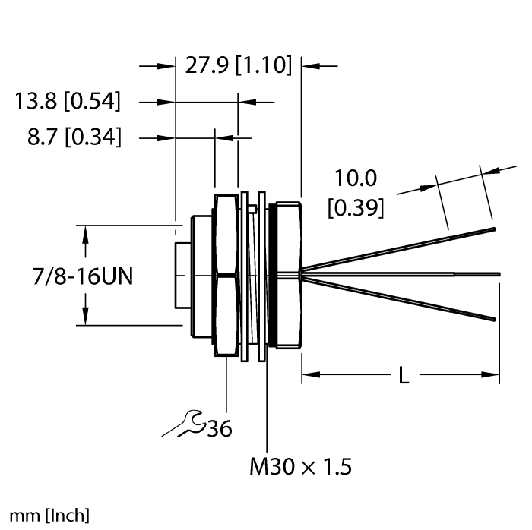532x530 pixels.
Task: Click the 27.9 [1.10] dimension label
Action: (238, 66)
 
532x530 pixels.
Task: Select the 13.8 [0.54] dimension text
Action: (68, 100)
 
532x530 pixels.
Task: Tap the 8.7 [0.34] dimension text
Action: (74, 137)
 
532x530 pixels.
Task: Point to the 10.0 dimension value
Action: (356, 178)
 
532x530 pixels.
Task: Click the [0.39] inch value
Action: (355, 207)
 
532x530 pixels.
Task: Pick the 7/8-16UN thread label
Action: (70, 275)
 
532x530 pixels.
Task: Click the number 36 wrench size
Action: (220, 430)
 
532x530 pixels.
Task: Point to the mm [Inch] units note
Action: (46, 516)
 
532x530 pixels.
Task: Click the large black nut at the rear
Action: (287, 273)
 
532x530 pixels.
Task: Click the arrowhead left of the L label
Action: (310, 374)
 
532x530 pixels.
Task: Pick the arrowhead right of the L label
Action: (492, 374)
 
